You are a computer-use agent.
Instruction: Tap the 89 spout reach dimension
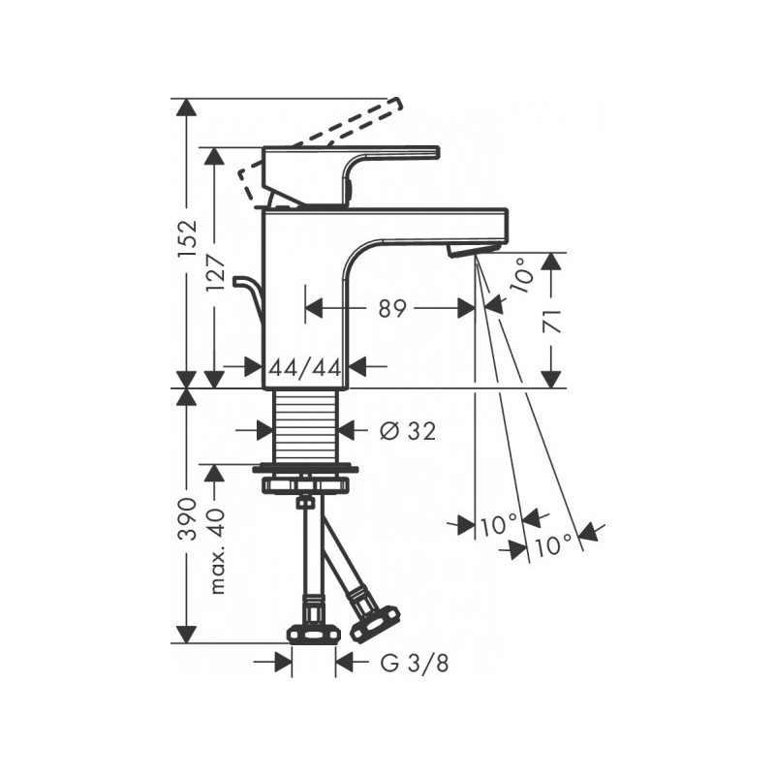[x=391, y=309]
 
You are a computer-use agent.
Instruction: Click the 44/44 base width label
[x=305, y=366]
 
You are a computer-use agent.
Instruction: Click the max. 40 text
[x=217, y=551]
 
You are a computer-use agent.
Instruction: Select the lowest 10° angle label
[x=553, y=545]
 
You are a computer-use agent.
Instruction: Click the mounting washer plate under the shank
[x=305, y=471]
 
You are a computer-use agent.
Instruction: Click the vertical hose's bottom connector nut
[x=313, y=635]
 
